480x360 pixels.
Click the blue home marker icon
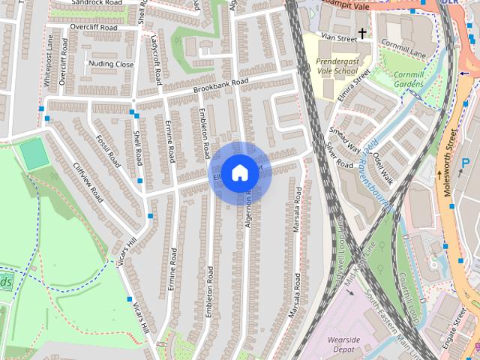click(x=238, y=173)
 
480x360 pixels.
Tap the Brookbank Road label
click(x=220, y=85)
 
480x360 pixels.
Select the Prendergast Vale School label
click(x=337, y=66)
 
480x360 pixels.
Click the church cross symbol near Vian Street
click(x=362, y=33)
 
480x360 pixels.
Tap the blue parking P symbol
click(x=466, y=163)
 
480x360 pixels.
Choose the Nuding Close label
click(x=110, y=64)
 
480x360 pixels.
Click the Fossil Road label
click(x=109, y=150)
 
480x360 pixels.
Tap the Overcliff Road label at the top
click(x=94, y=27)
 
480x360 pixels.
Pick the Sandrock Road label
click(x=97, y=3)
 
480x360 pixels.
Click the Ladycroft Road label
click(x=157, y=58)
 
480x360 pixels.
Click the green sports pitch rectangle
click(x=32, y=154)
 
